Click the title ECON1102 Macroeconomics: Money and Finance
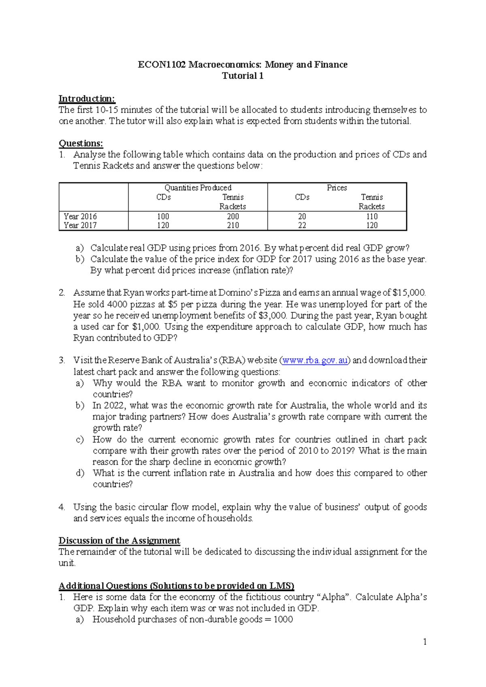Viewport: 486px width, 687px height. tap(243, 65)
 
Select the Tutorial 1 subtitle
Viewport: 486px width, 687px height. tap(243, 76)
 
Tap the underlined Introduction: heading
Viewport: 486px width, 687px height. tap(87, 99)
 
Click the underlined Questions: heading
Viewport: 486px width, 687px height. tap(81, 143)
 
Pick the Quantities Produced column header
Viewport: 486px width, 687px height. tap(198, 188)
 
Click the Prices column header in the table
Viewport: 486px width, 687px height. tap(337, 188)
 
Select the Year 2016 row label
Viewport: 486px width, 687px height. tap(80, 216)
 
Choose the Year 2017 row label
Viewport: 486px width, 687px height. tap(80, 225)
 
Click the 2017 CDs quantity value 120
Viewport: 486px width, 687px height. tap(163, 225)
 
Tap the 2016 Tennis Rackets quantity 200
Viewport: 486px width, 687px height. tap(233, 216)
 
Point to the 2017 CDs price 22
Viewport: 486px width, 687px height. tap(302, 225)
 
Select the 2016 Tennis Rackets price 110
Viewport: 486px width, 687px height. tap(371, 216)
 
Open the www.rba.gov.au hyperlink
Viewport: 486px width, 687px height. tap(315, 361)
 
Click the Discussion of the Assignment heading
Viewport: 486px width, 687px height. tap(119, 541)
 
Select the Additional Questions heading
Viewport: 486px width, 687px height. tap(176, 586)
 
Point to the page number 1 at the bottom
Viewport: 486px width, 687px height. tap(424, 642)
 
